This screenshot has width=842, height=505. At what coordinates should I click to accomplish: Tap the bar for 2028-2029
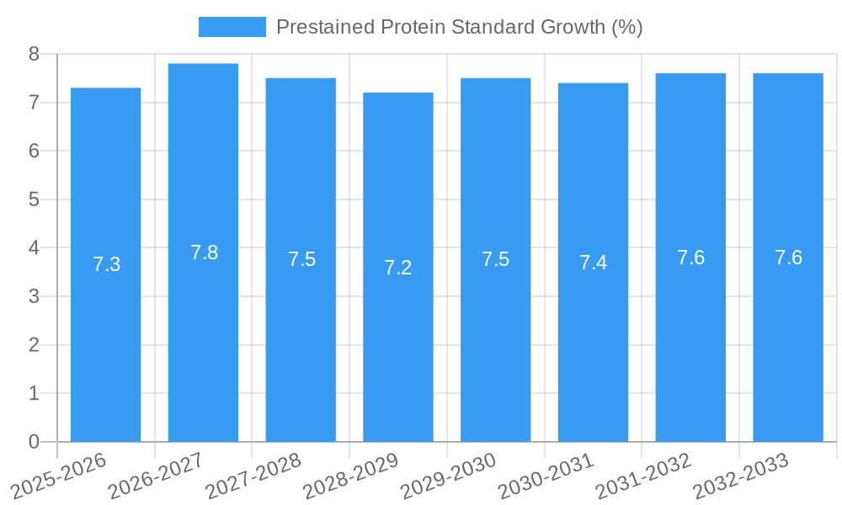(x=398, y=353)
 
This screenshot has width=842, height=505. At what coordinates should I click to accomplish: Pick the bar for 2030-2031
(x=593, y=353)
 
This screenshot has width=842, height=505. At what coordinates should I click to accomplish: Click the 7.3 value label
(x=106, y=264)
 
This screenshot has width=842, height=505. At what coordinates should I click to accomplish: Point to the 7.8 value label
(x=204, y=252)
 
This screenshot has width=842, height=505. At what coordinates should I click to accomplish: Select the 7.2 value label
(x=397, y=268)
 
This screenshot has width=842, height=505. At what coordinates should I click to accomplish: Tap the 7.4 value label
(x=593, y=263)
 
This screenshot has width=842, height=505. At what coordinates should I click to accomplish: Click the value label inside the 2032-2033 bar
(x=788, y=258)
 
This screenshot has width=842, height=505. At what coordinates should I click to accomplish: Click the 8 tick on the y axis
(x=34, y=55)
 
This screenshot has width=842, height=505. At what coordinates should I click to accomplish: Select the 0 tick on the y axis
(x=34, y=442)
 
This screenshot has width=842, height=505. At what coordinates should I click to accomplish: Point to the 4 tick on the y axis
(x=34, y=248)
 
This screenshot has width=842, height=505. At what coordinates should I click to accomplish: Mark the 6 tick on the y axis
(x=34, y=151)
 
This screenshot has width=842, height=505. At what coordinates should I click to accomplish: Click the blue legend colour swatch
(x=232, y=27)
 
